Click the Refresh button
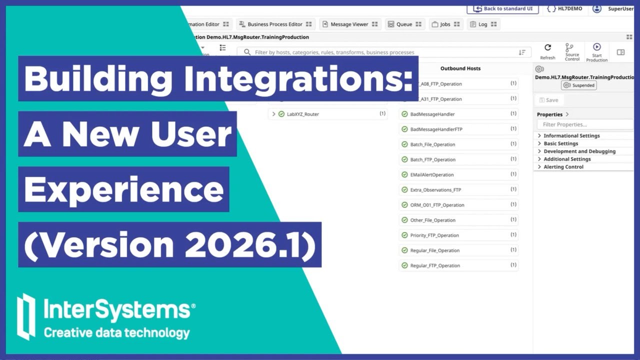(547, 51)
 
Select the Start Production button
(596, 51)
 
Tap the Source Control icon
(572, 51)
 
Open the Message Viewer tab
(349, 24)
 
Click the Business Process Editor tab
(274, 24)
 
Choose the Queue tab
(404, 24)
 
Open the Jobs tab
(445, 24)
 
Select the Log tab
(482, 24)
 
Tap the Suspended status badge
(579, 85)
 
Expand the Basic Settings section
(560, 143)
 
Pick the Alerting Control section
(563, 167)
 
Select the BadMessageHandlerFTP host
(436, 129)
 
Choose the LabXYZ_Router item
(302, 114)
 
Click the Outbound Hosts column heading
(460, 68)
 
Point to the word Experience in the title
(124, 189)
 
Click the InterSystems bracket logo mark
(26, 316)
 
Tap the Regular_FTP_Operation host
(435, 266)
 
